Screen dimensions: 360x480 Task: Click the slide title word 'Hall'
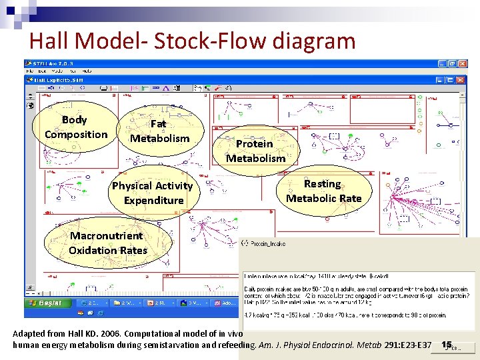(49, 41)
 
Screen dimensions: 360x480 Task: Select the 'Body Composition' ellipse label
(75, 127)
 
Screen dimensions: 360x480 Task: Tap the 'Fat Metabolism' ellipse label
(159, 131)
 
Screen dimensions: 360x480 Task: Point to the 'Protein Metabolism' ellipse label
(255, 151)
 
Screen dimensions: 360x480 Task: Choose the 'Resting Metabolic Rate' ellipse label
(323, 191)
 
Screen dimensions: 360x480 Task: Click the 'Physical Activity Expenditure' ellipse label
(152, 193)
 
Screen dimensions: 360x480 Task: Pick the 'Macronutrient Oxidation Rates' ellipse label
(107, 243)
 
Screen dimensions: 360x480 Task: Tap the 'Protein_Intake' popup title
(267, 244)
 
